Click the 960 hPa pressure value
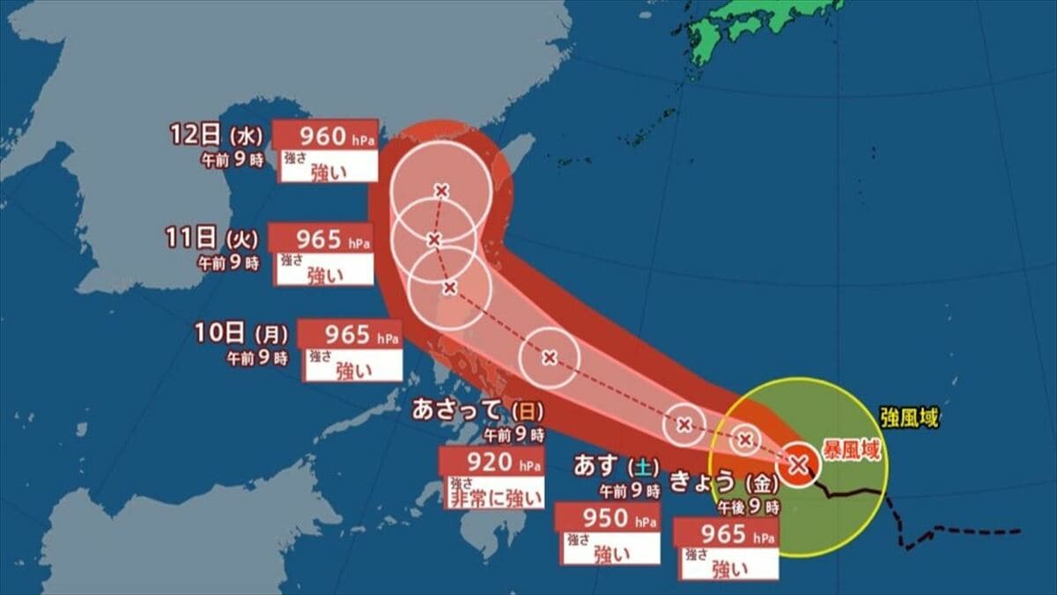tap(325, 136)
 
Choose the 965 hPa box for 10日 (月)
tap(350, 334)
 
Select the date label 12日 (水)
tap(214, 136)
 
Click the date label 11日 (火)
tap(211, 239)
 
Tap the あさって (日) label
tap(478, 410)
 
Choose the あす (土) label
tap(617, 466)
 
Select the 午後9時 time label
tap(748, 507)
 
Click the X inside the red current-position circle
tap(798, 463)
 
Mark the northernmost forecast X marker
tap(440, 190)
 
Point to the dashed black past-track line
tap(960, 532)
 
